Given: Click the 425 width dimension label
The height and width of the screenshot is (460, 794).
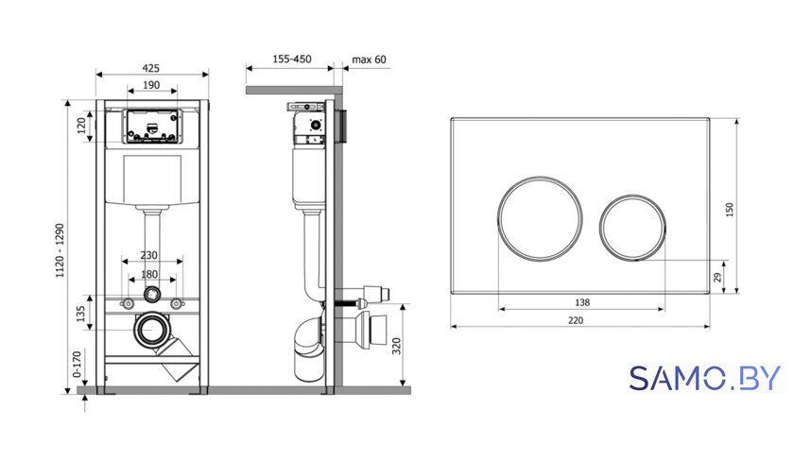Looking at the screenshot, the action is [150, 68].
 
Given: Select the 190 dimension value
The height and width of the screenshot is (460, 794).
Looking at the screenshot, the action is [151, 85].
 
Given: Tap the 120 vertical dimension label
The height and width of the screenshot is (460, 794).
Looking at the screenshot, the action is [81, 127].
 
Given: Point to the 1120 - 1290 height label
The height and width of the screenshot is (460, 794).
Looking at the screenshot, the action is [60, 250].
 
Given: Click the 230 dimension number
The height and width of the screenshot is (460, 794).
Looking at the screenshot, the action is [149, 256].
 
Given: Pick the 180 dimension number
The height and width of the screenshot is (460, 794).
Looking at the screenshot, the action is [149, 274].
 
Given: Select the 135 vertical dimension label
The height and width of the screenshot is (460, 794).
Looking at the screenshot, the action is [80, 314].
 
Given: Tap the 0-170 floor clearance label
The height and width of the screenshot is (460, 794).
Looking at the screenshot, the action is [77, 365].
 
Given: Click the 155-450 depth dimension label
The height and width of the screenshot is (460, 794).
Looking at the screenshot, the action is [292, 60].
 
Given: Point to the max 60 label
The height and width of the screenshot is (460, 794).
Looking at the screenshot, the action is [370, 60].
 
